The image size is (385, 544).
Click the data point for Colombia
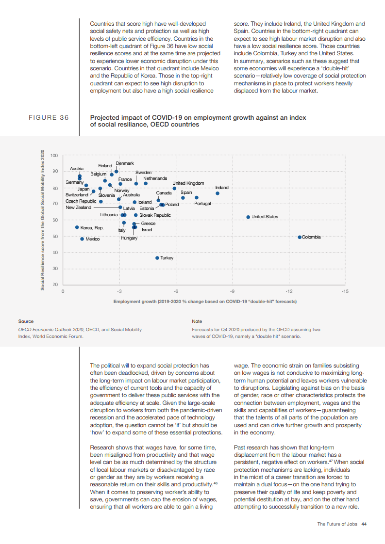pos(300,237)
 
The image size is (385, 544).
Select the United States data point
pos(248,217)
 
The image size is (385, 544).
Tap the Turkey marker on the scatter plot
pos(157,258)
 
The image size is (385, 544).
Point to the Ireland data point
pos(218,193)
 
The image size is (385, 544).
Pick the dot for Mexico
pos(82,239)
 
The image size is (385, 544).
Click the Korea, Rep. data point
pos(77,227)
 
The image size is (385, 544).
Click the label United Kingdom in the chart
pos(188,183)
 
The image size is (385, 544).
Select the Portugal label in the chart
pos(202,204)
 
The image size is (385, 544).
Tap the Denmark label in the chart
pos(125,163)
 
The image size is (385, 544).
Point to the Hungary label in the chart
pos(129,238)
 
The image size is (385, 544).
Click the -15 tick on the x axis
pos(345,291)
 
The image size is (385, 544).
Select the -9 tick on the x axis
pos(232,291)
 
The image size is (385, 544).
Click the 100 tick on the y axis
pos(54,156)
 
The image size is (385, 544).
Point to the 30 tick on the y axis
pos(55,269)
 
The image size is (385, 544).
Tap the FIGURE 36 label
pos(49,118)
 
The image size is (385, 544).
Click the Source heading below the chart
pos(26,321)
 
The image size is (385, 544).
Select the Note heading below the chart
pos(197,321)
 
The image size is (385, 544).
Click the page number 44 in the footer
pos(364,524)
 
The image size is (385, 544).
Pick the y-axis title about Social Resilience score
pos(42,220)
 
